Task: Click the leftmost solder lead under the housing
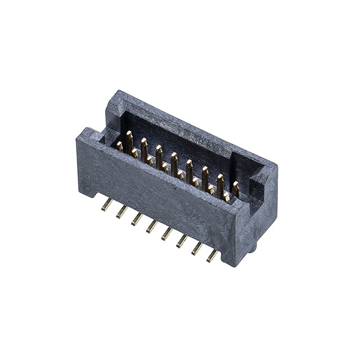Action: pyautogui.click(x=105, y=206)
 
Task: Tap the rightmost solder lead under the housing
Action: pyautogui.click(x=212, y=256)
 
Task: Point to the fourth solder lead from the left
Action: pyautogui.click(x=151, y=227)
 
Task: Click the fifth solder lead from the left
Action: pyautogui.click(x=166, y=233)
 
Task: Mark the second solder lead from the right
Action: pyautogui.click(x=197, y=249)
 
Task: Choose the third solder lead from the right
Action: pyautogui.click(x=182, y=241)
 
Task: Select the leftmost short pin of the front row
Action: pyautogui.click(x=119, y=146)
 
